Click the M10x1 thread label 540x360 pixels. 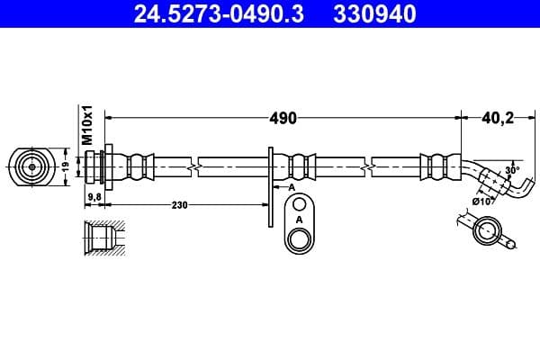(88, 125)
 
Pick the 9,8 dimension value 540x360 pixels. (94, 195)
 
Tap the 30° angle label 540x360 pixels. (512, 169)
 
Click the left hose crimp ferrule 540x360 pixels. (136, 166)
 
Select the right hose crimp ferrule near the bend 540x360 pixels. (436, 166)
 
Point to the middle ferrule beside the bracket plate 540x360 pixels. (301, 166)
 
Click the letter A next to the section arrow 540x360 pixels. (292, 187)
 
